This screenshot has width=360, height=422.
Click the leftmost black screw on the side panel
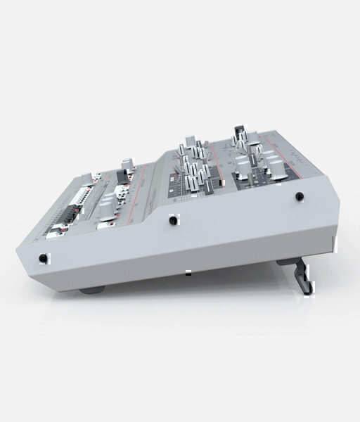click(x=44, y=259)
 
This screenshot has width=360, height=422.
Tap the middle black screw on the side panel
click(x=172, y=221)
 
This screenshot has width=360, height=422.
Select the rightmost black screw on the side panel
click(x=299, y=197)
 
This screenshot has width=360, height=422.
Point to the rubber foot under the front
click(x=92, y=288)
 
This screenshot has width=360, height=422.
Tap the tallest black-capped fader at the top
click(x=239, y=134)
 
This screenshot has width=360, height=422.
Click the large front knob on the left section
click(x=106, y=208)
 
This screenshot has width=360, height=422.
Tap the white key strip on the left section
click(x=82, y=196)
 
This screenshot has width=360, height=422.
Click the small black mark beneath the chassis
click(x=188, y=272)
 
